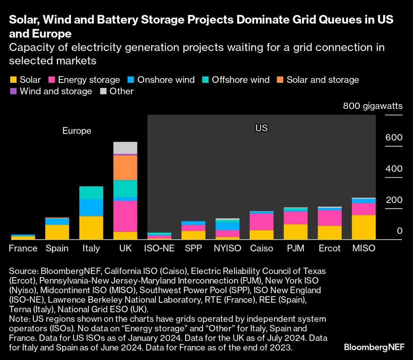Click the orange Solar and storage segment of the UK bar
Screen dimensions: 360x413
[125, 168]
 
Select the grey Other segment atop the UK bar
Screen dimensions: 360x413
[125, 148]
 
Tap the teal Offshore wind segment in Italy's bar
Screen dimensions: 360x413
[91, 193]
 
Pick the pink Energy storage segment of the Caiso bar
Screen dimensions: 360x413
[262, 222]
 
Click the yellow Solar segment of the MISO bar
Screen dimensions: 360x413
[363, 227]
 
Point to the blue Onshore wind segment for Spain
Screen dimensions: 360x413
[57, 222]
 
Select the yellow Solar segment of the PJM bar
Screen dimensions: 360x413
[295, 231]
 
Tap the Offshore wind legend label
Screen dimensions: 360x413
[240, 80]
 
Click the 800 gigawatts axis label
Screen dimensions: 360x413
[372, 106]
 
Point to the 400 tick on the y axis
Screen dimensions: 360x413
[394, 169]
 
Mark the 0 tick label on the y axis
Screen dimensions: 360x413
[400, 231]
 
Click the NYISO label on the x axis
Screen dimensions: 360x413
[227, 248]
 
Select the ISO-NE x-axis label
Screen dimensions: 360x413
[159, 248]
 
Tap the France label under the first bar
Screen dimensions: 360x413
[23, 248]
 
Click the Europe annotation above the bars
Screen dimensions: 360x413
[77, 131]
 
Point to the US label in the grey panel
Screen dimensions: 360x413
[261, 128]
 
